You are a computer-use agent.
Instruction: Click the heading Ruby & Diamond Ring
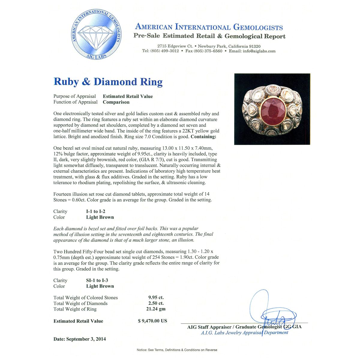tap(108, 82)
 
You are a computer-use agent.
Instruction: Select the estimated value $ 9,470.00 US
tap(152, 321)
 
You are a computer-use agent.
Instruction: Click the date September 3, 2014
tap(79, 339)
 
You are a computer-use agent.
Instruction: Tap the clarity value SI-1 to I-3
tap(97, 280)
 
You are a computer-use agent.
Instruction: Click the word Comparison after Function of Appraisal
tap(116, 102)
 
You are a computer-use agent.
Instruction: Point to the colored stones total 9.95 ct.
tap(156, 298)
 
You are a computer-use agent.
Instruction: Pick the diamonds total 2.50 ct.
tap(156, 303)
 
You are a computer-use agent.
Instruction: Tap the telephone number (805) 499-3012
tap(164, 51)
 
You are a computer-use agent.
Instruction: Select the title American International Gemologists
tap(209, 27)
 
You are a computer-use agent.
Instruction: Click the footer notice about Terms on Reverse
tap(177, 350)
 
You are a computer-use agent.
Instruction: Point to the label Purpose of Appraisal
tap(75, 96)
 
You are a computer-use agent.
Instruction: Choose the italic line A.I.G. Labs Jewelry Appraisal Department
tap(244, 332)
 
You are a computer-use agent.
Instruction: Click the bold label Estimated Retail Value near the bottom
tap(78, 321)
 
